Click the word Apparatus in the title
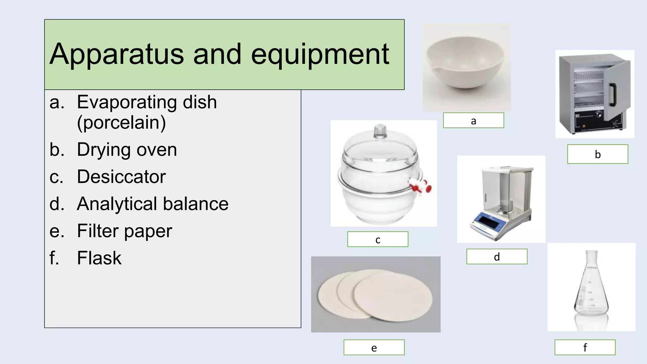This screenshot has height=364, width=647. (x=117, y=54)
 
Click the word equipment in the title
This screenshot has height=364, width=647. (x=320, y=54)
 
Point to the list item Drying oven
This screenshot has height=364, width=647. (x=127, y=149)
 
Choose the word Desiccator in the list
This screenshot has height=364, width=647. (x=121, y=177)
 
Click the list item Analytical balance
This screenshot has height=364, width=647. (x=153, y=204)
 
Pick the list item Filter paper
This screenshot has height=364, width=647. (x=124, y=231)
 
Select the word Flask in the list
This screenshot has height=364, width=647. (x=99, y=258)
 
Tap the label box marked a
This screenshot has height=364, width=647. (x=473, y=120)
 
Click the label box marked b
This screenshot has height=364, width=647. (x=597, y=154)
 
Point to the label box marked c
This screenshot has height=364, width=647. (x=378, y=239)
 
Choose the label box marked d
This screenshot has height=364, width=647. (x=497, y=257)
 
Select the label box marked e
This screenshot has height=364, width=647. (x=374, y=348)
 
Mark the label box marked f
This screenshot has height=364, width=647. (x=585, y=348)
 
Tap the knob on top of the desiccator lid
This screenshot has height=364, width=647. (x=380, y=130)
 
